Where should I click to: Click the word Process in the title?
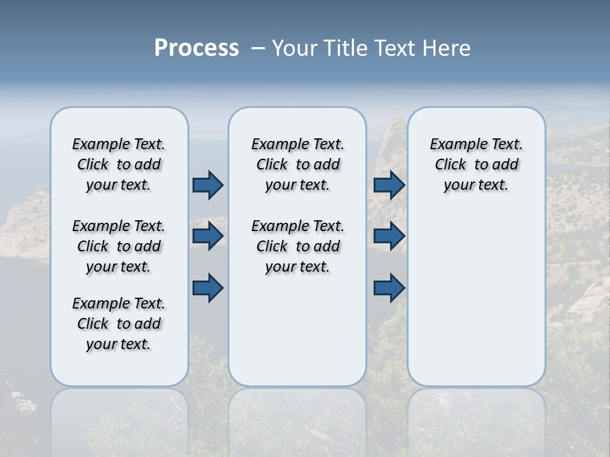196,48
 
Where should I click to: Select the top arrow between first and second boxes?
208,185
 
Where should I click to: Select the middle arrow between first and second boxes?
208,236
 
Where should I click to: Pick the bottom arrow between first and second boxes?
208,288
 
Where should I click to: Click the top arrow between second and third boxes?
389,185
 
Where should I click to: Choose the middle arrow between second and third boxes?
389,236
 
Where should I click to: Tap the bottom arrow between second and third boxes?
389,288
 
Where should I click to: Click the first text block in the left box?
119,164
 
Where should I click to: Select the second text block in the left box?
119,246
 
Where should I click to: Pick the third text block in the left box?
119,324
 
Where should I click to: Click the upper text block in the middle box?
298,164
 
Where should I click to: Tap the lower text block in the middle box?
298,246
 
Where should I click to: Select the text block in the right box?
477,164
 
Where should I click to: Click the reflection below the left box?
119,419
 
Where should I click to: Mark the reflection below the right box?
477,419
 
